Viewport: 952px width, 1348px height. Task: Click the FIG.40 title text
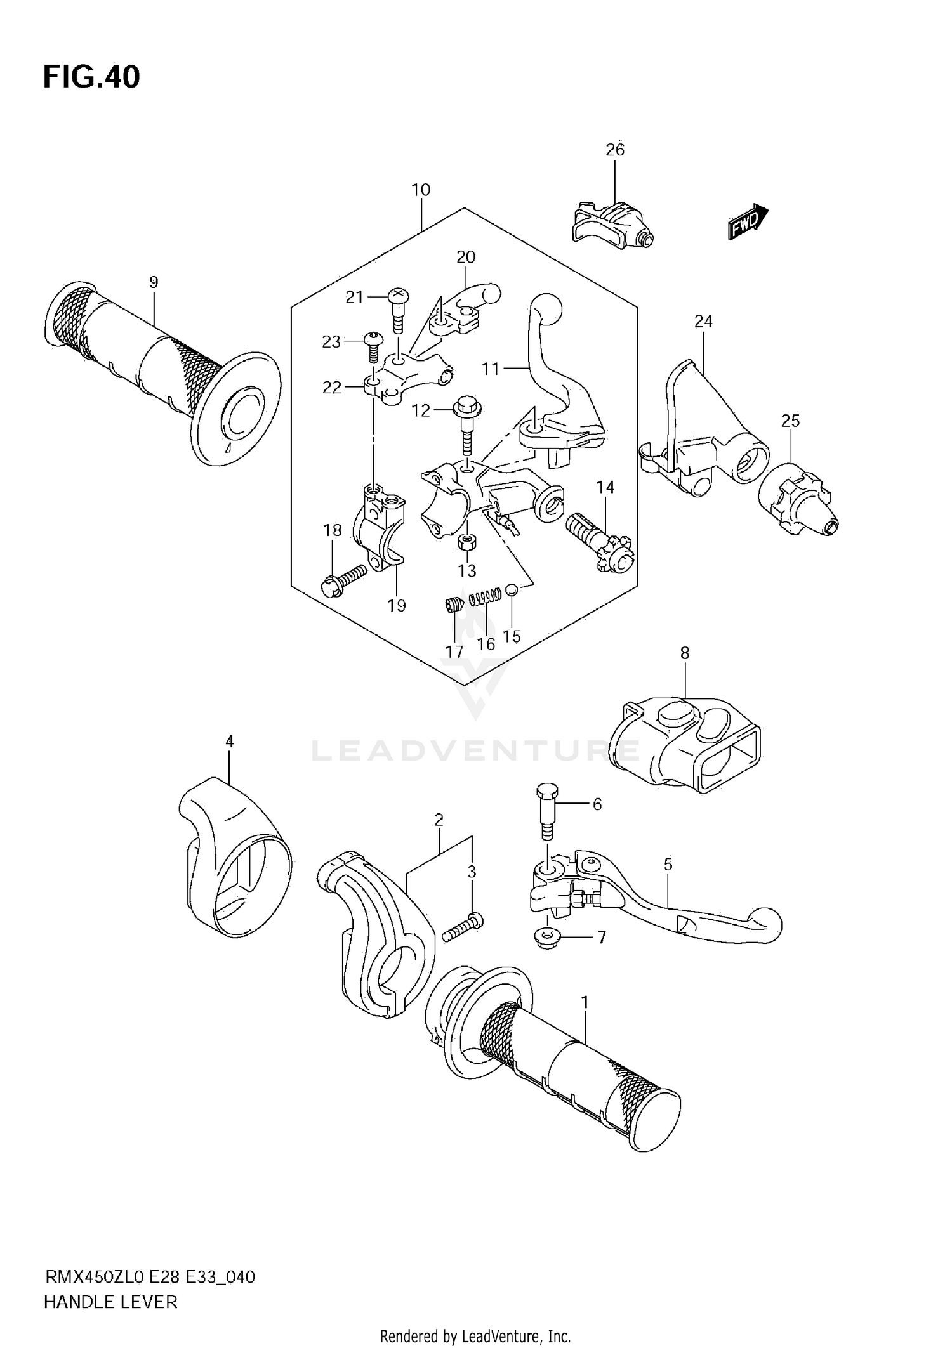[91, 77]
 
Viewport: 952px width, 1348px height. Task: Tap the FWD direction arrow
[747, 221]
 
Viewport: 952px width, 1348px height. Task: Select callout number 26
[615, 150]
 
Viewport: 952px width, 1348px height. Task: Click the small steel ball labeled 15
[513, 590]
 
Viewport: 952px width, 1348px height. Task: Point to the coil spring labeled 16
[486, 596]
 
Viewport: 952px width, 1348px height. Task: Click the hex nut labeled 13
[466, 542]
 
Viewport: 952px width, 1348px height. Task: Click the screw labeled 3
[464, 927]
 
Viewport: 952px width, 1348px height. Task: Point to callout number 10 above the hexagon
[421, 190]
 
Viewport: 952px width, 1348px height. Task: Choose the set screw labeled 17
[453, 605]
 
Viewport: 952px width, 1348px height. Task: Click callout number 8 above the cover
[684, 653]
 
